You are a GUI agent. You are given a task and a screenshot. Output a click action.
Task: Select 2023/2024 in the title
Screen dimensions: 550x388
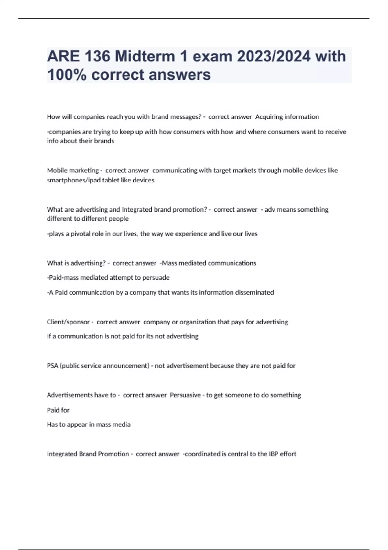(x=274, y=56)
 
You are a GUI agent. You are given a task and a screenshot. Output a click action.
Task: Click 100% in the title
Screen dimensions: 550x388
(x=67, y=75)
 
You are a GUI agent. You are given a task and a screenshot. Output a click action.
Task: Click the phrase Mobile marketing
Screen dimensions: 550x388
(x=73, y=170)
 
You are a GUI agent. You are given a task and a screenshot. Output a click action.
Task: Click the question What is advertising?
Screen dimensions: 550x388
(x=76, y=263)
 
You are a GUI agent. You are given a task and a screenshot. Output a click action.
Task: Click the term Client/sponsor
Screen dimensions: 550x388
(x=68, y=322)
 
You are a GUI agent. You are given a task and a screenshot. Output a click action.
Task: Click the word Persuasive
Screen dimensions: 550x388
(x=185, y=395)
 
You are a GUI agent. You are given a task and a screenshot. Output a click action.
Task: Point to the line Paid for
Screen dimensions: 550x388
(x=58, y=410)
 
